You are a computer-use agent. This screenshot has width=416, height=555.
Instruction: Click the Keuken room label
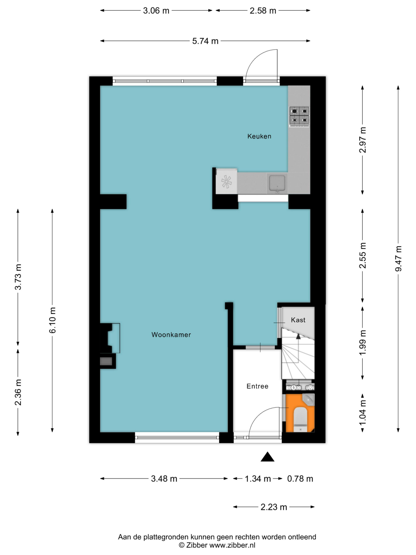pyautogui.click(x=259, y=136)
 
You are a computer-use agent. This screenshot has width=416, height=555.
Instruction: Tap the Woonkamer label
pyautogui.click(x=171, y=334)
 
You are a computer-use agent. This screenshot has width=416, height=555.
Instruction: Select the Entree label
pyautogui.click(x=257, y=386)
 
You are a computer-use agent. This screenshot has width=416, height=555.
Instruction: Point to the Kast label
pyautogui.click(x=298, y=320)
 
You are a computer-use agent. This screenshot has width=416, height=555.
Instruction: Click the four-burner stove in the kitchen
pyautogui.click(x=299, y=116)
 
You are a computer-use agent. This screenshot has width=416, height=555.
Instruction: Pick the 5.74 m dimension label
pyautogui.click(x=205, y=41)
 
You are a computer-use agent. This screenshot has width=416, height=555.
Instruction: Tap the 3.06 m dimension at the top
pyautogui.click(x=156, y=11)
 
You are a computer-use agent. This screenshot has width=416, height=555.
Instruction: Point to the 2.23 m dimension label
pyautogui.click(x=274, y=507)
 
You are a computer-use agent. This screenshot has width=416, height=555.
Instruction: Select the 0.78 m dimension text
pyautogui.click(x=300, y=479)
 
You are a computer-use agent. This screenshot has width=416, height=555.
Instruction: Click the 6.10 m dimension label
pyautogui.click(x=52, y=320)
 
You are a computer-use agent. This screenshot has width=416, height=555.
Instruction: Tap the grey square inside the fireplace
pyautogui.click(x=106, y=361)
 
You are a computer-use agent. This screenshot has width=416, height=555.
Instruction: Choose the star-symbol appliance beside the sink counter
pyautogui.click(x=226, y=181)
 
